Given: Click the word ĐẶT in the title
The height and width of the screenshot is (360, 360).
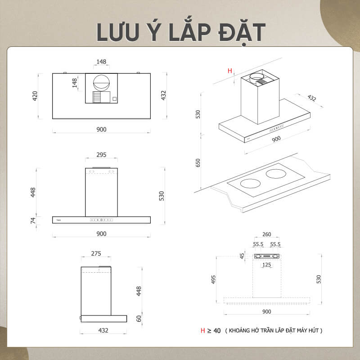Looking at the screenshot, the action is click(x=242, y=32).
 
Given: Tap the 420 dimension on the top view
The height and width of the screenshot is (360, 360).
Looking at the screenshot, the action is click(x=35, y=96).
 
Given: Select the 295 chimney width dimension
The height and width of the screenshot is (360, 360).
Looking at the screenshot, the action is click(x=101, y=155).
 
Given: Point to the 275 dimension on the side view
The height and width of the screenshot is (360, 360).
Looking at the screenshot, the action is click(x=96, y=253).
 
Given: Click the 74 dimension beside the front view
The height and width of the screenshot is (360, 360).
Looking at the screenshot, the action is click(x=33, y=220).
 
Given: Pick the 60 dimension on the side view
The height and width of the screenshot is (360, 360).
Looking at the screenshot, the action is click(x=139, y=319).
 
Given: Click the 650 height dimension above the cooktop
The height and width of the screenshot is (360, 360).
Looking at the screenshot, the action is click(x=198, y=163).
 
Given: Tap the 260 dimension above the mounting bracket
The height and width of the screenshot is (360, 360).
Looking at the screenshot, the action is click(x=266, y=234).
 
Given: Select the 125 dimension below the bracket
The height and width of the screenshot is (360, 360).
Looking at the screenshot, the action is click(x=266, y=265).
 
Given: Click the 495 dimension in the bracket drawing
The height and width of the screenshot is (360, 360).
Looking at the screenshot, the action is click(x=213, y=279).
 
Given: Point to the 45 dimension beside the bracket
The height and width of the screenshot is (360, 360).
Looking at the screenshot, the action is click(x=242, y=256).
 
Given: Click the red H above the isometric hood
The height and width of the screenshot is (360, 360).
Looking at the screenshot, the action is click(x=230, y=71).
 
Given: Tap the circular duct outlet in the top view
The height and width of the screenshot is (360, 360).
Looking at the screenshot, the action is click(x=101, y=83).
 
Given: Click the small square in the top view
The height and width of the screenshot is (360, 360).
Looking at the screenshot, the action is click(x=115, y=99).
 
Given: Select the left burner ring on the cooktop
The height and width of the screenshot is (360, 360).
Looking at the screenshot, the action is click(x=251, y=184).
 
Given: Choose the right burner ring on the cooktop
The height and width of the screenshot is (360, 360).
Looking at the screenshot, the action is click(x=276, y=174).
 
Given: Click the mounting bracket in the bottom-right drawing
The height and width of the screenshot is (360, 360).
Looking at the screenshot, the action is click(x=267, y=256).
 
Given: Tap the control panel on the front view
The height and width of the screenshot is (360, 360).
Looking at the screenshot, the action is click(x=101, y=220).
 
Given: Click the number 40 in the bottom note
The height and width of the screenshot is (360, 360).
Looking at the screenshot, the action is click(x=217, y=331).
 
